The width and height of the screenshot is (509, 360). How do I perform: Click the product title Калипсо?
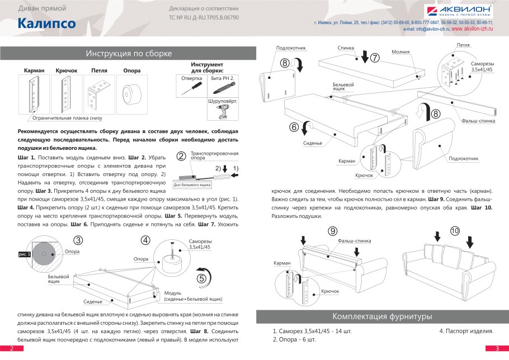click(46, 23)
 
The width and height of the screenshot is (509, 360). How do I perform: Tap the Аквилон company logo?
click(459, 11)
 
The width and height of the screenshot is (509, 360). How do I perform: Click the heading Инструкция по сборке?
click(129, 54)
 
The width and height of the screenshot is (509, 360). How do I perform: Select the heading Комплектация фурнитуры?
click(382, 316)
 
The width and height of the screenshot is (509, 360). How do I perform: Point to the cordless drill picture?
click(221, 112)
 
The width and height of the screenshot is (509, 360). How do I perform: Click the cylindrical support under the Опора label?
click(132, 94)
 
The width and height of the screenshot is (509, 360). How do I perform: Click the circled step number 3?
click(78, 241)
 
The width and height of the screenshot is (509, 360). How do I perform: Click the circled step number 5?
click(201, 277)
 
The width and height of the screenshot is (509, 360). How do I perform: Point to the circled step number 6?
click(294, 127)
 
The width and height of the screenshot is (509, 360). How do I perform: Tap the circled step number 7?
click(375, 57)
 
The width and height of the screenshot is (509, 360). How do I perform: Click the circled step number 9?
click(332, 230)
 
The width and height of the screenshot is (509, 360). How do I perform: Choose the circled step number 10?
click(454, 230)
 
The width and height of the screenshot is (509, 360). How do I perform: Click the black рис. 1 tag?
click(26, 254)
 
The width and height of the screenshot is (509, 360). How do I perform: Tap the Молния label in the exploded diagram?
click(400, 52)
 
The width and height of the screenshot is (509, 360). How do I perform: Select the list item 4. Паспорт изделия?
click(466, 331)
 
